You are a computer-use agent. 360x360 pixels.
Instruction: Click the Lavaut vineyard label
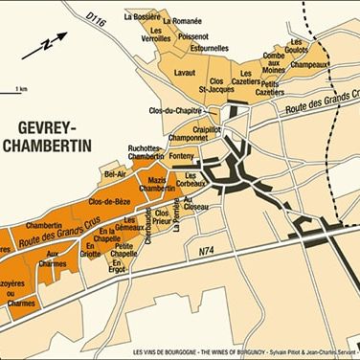click(185, 73)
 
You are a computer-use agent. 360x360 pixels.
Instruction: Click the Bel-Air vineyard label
click(116, 173)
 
